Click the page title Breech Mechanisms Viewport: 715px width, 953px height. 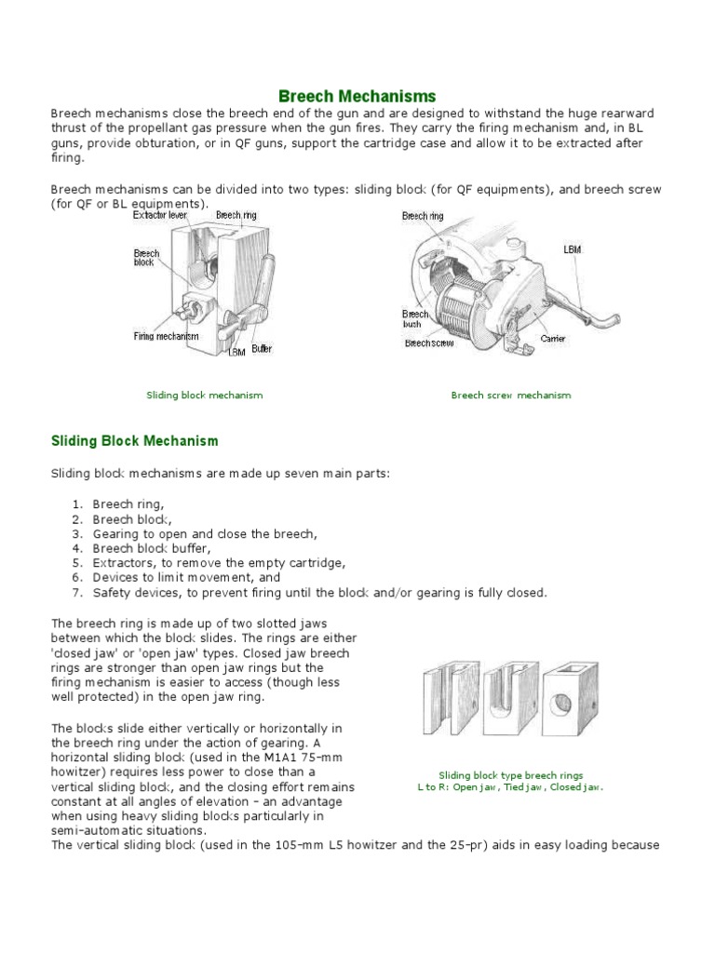(x=357, y=96)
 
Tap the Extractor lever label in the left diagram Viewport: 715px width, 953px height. (x=159, y=214)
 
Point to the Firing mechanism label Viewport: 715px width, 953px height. (x=165, y=335)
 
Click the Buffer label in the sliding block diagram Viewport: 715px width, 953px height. (x=262, y=349)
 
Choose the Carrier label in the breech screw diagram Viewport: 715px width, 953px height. (x=553, y=339)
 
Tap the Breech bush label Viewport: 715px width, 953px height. (x=415, y=319)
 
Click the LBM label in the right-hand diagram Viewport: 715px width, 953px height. (x=573, y=250)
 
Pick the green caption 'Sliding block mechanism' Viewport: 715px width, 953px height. (x=204, y=396)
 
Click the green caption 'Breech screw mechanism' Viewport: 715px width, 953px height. (x=510, y=396)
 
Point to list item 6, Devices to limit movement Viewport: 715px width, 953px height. (x=167, y=578)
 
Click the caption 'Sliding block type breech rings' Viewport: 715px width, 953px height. (x=510, y=775)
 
